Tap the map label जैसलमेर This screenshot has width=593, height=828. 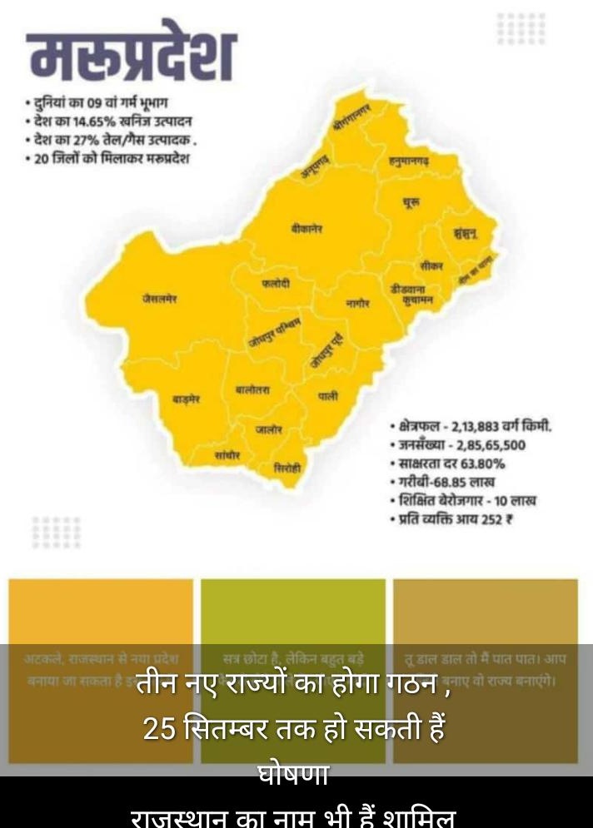coord(159,298)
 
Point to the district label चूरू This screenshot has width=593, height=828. coord(411,202)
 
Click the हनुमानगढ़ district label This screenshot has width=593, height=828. coord(408,160)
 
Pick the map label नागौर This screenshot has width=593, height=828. coord(357,304)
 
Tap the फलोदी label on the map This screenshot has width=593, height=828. coord(276,283)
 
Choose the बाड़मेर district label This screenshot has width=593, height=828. coord(187,399)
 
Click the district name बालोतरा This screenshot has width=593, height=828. coord(252,389)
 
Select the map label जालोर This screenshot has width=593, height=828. coord(268,429)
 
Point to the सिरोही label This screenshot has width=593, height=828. coord(287,469)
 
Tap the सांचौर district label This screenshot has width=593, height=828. coord(227,455)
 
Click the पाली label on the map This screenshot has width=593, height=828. coord(328,397)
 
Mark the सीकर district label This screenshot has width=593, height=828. coord(431,265)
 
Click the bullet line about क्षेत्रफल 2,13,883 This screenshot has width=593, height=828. coord(471,426)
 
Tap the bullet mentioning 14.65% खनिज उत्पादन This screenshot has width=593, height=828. coord(108,122)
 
